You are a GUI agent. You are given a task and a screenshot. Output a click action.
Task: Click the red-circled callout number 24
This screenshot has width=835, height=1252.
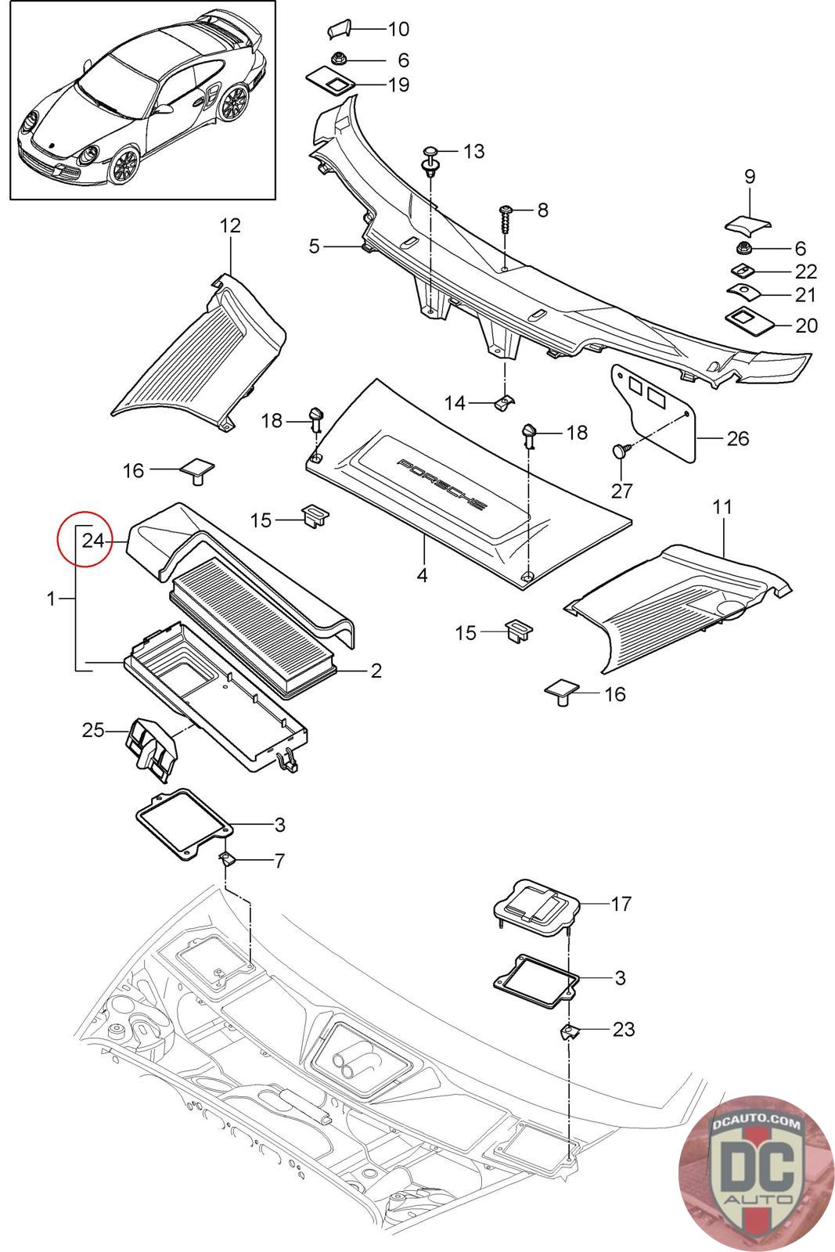[x=93, y=541]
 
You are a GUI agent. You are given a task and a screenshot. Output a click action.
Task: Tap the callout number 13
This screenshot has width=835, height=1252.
[x=473, y=152]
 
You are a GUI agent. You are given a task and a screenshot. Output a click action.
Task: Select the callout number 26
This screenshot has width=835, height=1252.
[x=737, y=438]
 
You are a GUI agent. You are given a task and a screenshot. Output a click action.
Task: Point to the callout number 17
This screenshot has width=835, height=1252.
[x=621, y=903]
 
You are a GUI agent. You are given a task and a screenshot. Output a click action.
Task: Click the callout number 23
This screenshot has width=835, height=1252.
[x=624, y=1028]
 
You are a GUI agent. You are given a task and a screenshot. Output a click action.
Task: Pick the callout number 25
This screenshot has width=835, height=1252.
[x=93, y=730]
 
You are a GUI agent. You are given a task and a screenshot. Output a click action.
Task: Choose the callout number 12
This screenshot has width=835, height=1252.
[x=230, y=226]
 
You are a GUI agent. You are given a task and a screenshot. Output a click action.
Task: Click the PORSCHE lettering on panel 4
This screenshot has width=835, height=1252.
[x=441, y=484]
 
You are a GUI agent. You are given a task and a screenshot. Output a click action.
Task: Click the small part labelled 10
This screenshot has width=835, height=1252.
[x=340, y=30]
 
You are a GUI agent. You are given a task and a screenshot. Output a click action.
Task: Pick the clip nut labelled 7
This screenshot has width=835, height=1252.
[x=229, y=858]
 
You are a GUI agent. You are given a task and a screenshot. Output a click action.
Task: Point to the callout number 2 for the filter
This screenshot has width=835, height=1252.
[x=376, y=670]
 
